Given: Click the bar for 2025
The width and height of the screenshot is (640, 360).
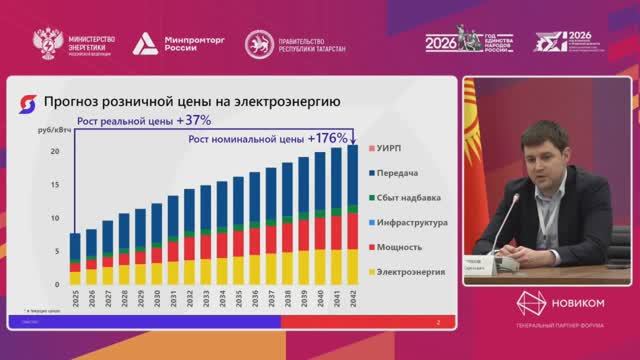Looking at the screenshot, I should pyautogui.click(x=75, y=259).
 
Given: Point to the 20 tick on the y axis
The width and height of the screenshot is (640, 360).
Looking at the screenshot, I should pyautogui.click(x=57, y=151).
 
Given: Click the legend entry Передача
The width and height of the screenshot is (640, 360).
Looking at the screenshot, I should pyautogui.click(x=401, y=172).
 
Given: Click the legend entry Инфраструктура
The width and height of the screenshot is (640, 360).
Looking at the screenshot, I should pyautogui.click(x=414, y=222).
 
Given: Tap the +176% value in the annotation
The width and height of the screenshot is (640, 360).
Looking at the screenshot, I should pyautogui.click(x=328, y=137).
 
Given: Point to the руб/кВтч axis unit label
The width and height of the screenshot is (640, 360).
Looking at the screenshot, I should pyautogui.click(x=53, y=128).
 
